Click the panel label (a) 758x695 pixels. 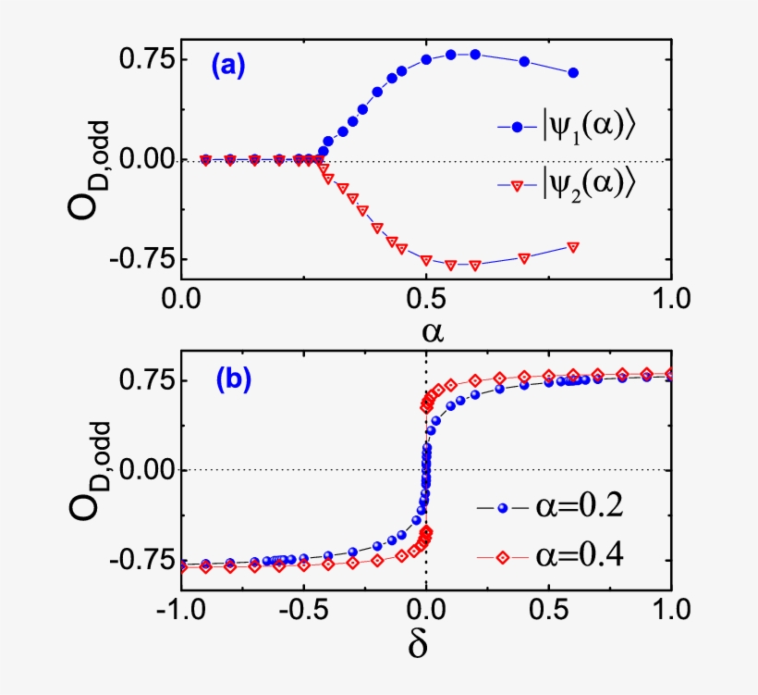click(x=227, y=66)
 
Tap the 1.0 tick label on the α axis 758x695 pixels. click(x=672, y=299)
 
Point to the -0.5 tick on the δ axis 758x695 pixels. click(x=300, y=612)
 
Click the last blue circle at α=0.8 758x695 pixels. click(x=573, y=72)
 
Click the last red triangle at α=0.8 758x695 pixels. click(x=573, y=247)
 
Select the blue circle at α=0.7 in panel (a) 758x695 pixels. click(x=524, y=61)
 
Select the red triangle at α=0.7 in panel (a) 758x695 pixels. click(x=524, y=258)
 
